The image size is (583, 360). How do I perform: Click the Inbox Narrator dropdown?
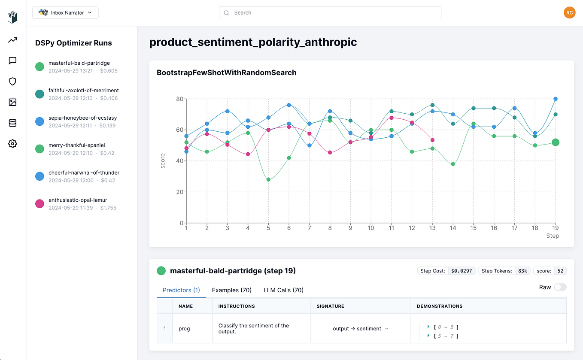(65, 13)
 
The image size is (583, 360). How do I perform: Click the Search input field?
(330, 13)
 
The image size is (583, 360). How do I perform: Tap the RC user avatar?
(569, 13)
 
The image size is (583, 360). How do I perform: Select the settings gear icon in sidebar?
(12, 144)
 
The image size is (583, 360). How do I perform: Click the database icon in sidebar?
(12, 123)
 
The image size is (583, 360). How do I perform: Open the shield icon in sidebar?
(12, 82)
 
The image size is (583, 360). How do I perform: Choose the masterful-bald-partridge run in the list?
(79, 67)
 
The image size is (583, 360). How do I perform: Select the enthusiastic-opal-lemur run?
(77, 203)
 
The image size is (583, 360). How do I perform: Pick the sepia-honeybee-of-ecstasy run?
(82, 121)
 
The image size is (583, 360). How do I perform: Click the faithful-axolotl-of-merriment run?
(83, 94)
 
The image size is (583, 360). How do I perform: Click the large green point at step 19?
(556, 142)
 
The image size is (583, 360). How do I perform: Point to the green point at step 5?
(268, 180)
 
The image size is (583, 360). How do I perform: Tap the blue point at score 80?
(556, 99)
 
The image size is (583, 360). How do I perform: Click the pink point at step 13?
(432, 140)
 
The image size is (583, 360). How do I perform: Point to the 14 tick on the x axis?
(453, 228)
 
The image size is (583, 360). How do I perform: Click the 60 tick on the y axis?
(179, 130)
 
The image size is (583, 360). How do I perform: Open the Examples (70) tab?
(231, 290)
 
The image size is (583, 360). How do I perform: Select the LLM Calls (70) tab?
(283, 290)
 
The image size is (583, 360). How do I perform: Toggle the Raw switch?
(560, 287)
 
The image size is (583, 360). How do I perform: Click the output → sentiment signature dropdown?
(361, 329)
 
